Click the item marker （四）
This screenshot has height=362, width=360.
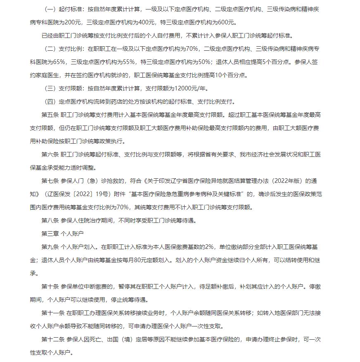click(x=50, y=102)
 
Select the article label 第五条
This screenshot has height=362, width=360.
click(x=50, y=115)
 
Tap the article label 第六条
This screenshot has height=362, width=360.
click(x=50, y=154)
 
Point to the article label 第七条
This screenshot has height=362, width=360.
click(x=50, y=181)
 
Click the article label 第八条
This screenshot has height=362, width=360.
click(x=50, y=220)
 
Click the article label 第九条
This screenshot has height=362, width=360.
click(x=50, y=247)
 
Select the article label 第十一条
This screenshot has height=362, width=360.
click(x=52, y=313)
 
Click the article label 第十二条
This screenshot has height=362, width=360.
click(x=52, y=339)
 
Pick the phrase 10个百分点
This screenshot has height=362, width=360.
click(x=226, y=75)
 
